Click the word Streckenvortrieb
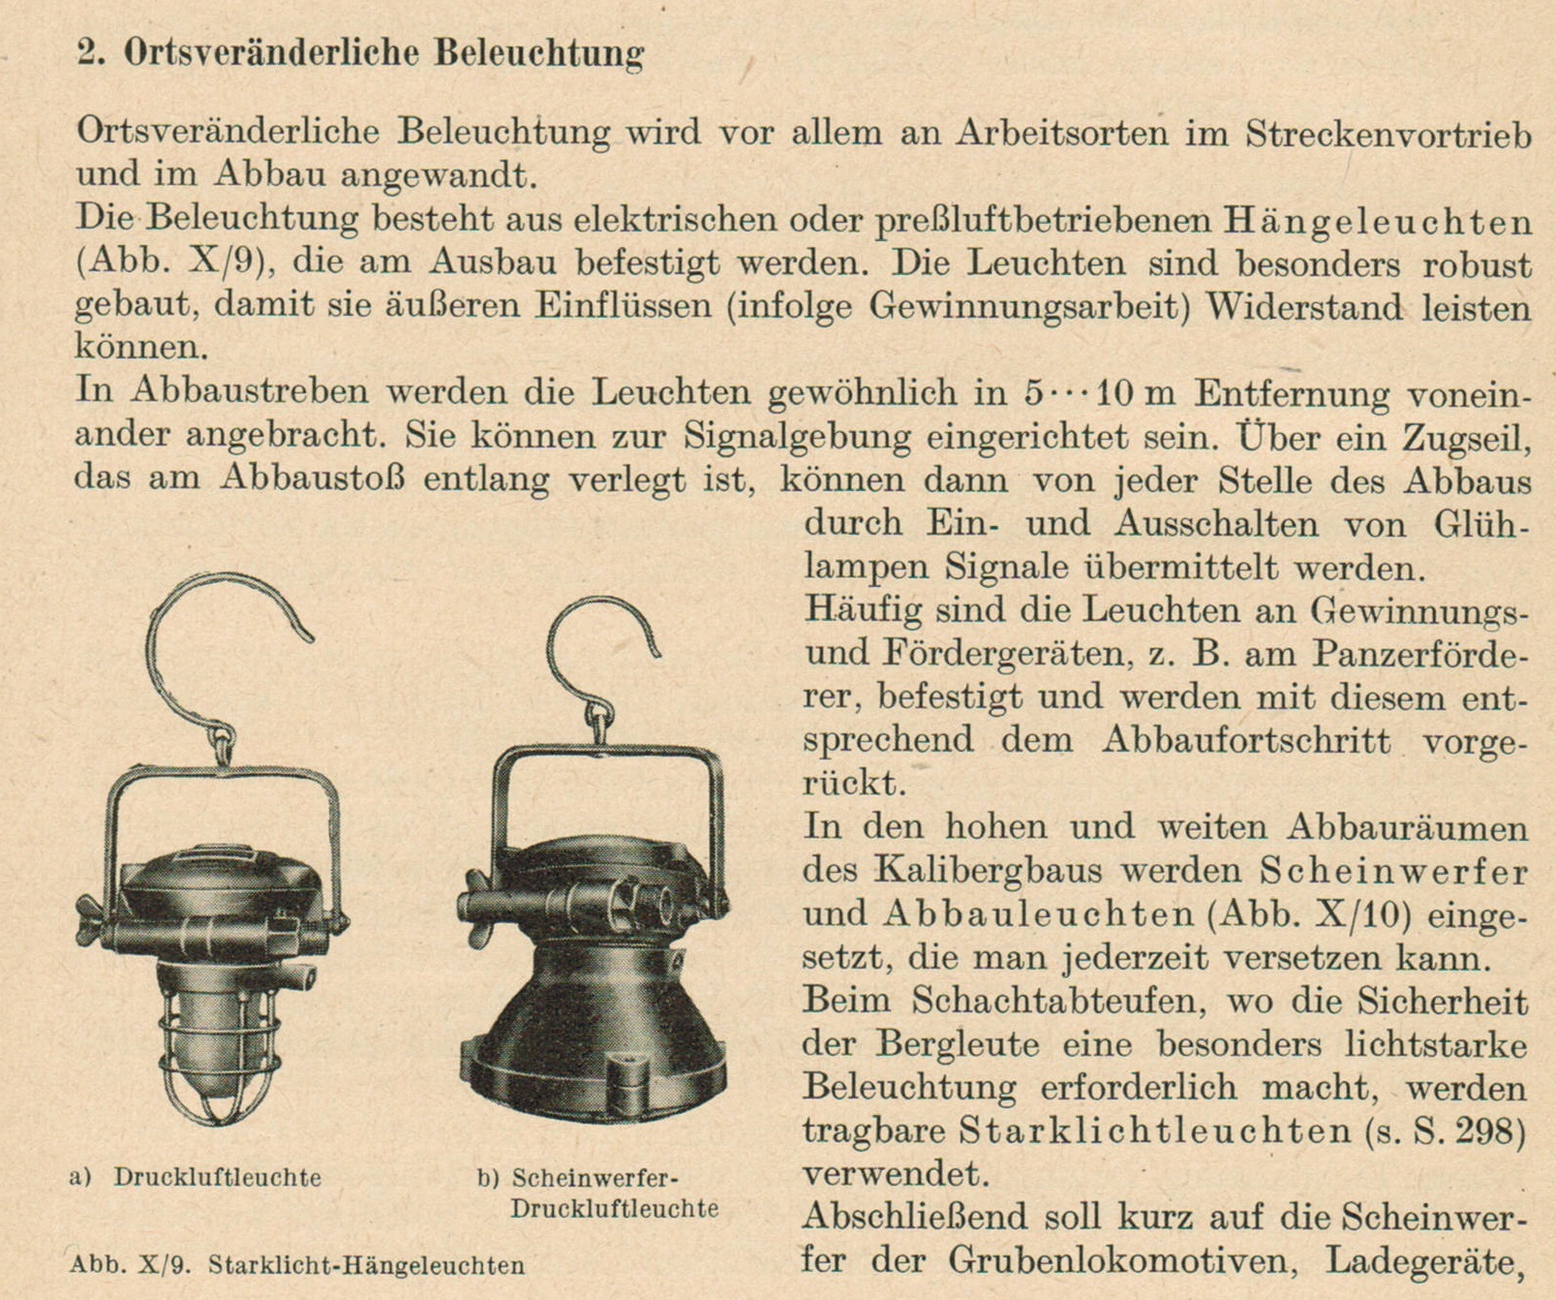(1388, 133)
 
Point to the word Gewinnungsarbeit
(1027, 307)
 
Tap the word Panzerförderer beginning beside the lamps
(1419, 655)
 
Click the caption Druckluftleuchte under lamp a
(217, 1178)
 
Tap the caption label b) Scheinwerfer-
(579, 1178)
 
